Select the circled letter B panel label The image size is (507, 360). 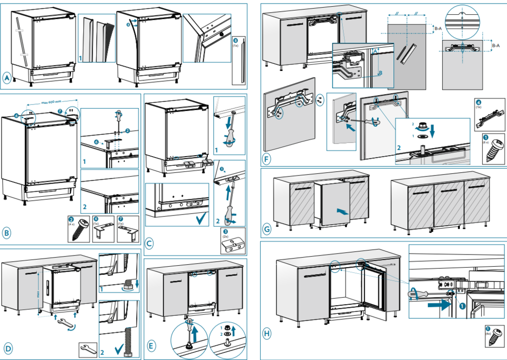click(7, 233)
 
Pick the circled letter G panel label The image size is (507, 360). click(267, 229)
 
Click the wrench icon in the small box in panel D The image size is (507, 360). click(87, 349)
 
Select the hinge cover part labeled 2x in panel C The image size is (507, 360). click(233, 246)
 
